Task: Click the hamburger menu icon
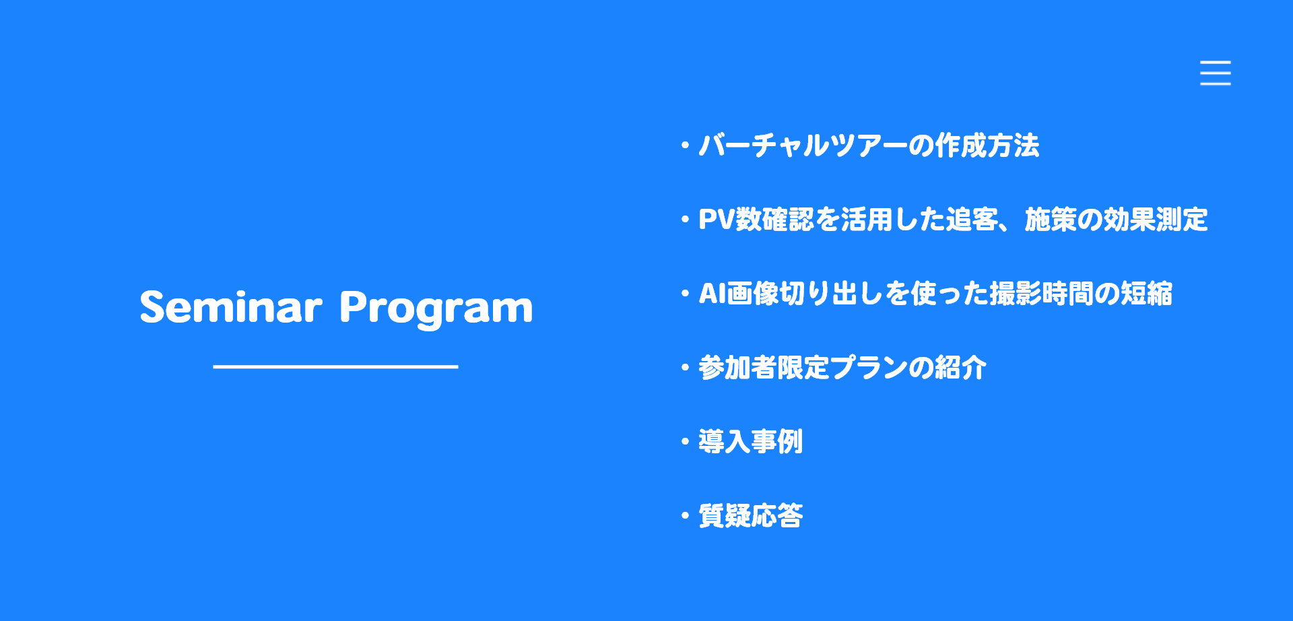[x=1215, y=73]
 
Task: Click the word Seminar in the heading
[x=231, y=307]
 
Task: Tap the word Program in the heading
[x=436, y=309]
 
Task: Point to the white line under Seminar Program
[x=335, y=366]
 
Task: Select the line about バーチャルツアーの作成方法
[x=869, y=145]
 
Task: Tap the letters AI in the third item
[x=712, y=294]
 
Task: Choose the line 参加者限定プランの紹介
[x=842, y=368]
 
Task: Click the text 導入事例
[x=750, y=442]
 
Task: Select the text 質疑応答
[x=750, y=516]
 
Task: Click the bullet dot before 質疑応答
[x=685, y=516]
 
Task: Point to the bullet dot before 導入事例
[x=685, y=442]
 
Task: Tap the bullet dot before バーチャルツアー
[x=685, y=145]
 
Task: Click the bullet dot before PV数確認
[x=685, y=220]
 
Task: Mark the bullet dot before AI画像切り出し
[x=685, y=294]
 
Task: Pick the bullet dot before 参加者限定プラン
[x=685, y=368]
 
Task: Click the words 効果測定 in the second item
[x=1156, y=220]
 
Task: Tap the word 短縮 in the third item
[x=1146, y=294]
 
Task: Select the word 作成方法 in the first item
[x=987, y=145]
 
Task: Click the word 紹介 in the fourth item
[x=961, y=368]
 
